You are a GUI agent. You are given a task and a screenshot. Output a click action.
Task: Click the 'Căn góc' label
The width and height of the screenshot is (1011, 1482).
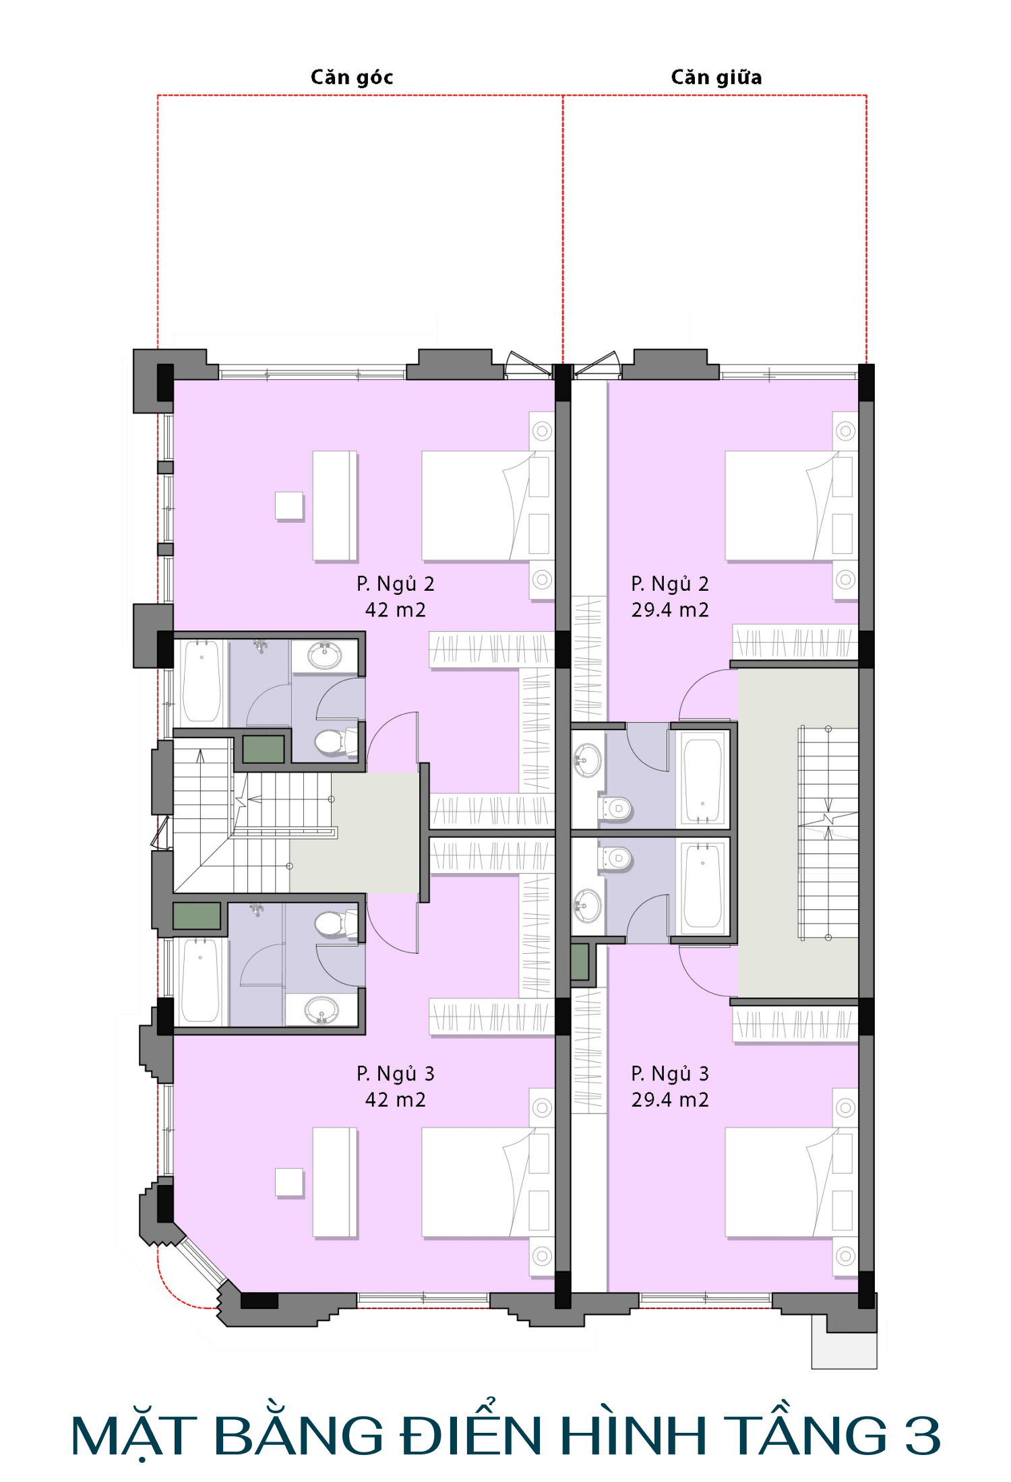[x=352, y=77]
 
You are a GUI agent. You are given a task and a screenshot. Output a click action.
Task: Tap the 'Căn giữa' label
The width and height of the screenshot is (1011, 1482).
[x=716, y=77]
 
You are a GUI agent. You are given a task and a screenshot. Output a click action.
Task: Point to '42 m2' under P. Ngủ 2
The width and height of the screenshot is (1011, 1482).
[x=396, y=610]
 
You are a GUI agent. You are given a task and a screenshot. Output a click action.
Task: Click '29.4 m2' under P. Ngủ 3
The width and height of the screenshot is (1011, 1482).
[x=670, y=1100]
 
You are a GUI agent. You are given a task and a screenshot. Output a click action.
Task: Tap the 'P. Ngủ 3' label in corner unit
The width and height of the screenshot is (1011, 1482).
[x=396, y=1074]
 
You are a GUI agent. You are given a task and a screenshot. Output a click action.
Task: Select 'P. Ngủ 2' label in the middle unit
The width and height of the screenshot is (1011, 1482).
[x=670, y=584]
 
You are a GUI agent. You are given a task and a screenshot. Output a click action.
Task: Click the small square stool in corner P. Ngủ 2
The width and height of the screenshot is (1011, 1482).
[x=289, y=506]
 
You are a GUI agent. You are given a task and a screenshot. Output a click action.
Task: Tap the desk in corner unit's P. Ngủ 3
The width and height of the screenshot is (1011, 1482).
[x=335, y=1183]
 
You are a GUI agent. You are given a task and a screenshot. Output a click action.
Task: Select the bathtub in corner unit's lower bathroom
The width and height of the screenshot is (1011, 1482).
[x=200, y=980]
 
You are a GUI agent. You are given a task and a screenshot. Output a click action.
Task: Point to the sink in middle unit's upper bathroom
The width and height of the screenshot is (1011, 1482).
[x=587, y=761]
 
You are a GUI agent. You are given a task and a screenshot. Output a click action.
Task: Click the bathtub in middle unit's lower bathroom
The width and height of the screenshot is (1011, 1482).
[x=703, y=887]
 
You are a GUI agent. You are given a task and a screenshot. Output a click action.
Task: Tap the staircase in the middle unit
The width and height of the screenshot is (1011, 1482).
[x=828, y=833]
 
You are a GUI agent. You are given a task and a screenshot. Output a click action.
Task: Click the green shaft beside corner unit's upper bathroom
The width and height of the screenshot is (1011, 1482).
[x=264, y=749]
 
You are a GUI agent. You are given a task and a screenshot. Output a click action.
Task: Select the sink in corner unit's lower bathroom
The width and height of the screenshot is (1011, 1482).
[x=322, y=1010]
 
